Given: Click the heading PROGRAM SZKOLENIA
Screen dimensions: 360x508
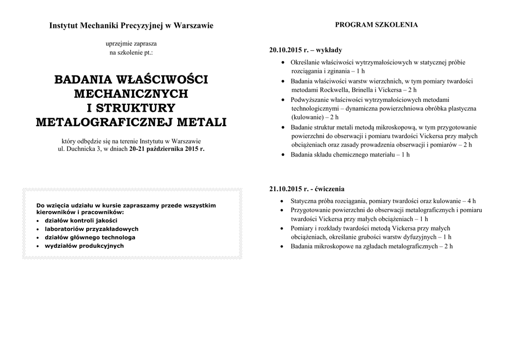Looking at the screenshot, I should point(376,25).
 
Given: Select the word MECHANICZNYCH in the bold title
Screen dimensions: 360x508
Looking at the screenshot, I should point(131,93).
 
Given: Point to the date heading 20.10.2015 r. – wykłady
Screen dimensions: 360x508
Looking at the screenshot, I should point(306,50).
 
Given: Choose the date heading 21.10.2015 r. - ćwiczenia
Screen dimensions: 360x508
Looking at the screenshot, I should point(307,189).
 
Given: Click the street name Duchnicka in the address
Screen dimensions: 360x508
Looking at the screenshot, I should point(82,148).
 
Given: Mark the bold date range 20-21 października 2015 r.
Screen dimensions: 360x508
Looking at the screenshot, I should point(166,148).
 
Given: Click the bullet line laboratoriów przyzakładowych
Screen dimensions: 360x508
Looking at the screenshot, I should point(91,229).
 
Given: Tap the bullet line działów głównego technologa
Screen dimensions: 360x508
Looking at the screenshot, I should point(90,237).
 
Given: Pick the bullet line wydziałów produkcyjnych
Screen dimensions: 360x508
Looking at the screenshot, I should point(84,246).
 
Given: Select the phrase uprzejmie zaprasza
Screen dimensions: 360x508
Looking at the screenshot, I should point(131,44).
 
